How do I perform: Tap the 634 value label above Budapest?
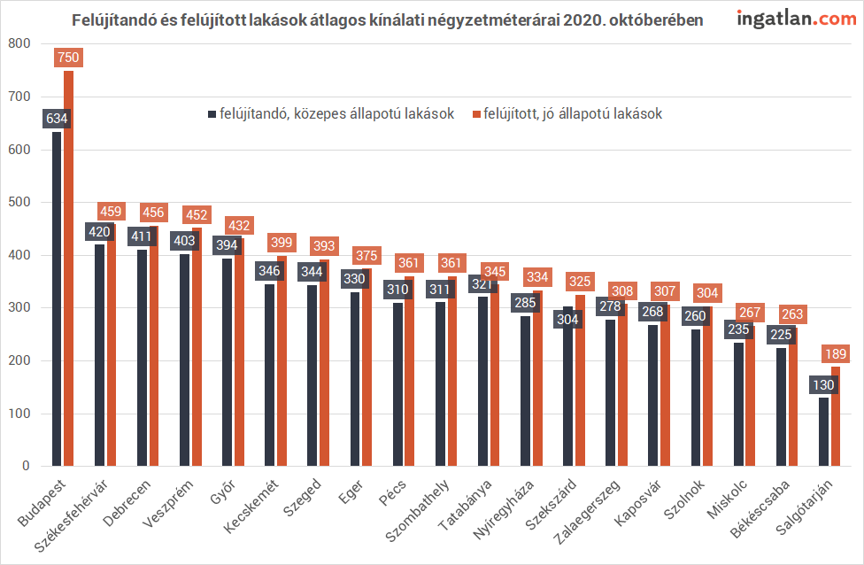coord(57,119)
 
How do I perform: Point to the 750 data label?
coord(68,58)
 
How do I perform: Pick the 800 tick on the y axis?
coord(19,43)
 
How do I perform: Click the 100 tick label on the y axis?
coord(19,414)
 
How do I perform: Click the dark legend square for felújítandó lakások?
coord(212,114)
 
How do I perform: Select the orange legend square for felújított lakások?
coord(475,114)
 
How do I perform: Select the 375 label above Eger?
coord(366,256)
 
